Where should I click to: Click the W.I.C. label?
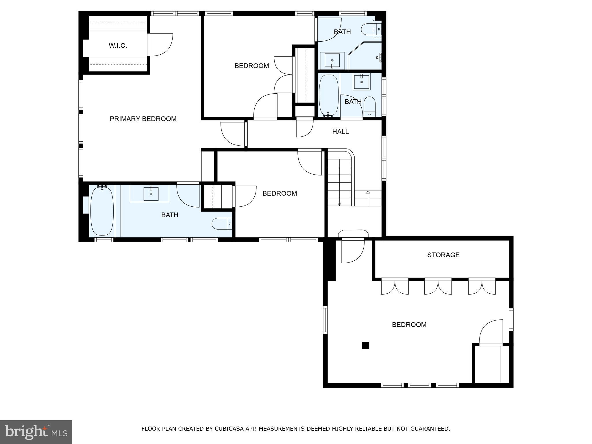tap(118, 46)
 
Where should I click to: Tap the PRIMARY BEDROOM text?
tap(143, 119)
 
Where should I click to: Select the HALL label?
tap(340, 132)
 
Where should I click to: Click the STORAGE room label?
tap(443, 255)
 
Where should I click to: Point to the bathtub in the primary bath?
tap(102, 211)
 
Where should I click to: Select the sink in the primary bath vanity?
tap(151, 194)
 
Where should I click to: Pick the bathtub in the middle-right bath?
tap(329, 95)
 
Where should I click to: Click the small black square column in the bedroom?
tap(365, 345)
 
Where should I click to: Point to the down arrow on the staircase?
tap(339, 204)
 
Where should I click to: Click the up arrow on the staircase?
tap(368, 192)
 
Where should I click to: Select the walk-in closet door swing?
tap(160, 45)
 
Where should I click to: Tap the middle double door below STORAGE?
tap(438, 287)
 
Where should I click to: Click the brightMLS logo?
tap(36, 432)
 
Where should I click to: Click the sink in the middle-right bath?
tap(361, 82)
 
